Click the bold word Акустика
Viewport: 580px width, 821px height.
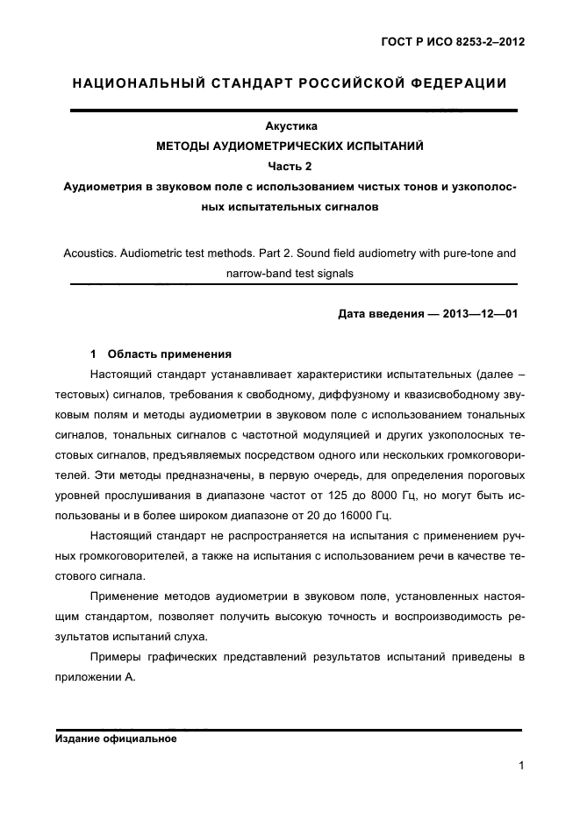coord(290,126)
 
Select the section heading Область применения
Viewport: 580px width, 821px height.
coord(169,354)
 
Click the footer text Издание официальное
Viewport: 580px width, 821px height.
coord(116,739)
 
